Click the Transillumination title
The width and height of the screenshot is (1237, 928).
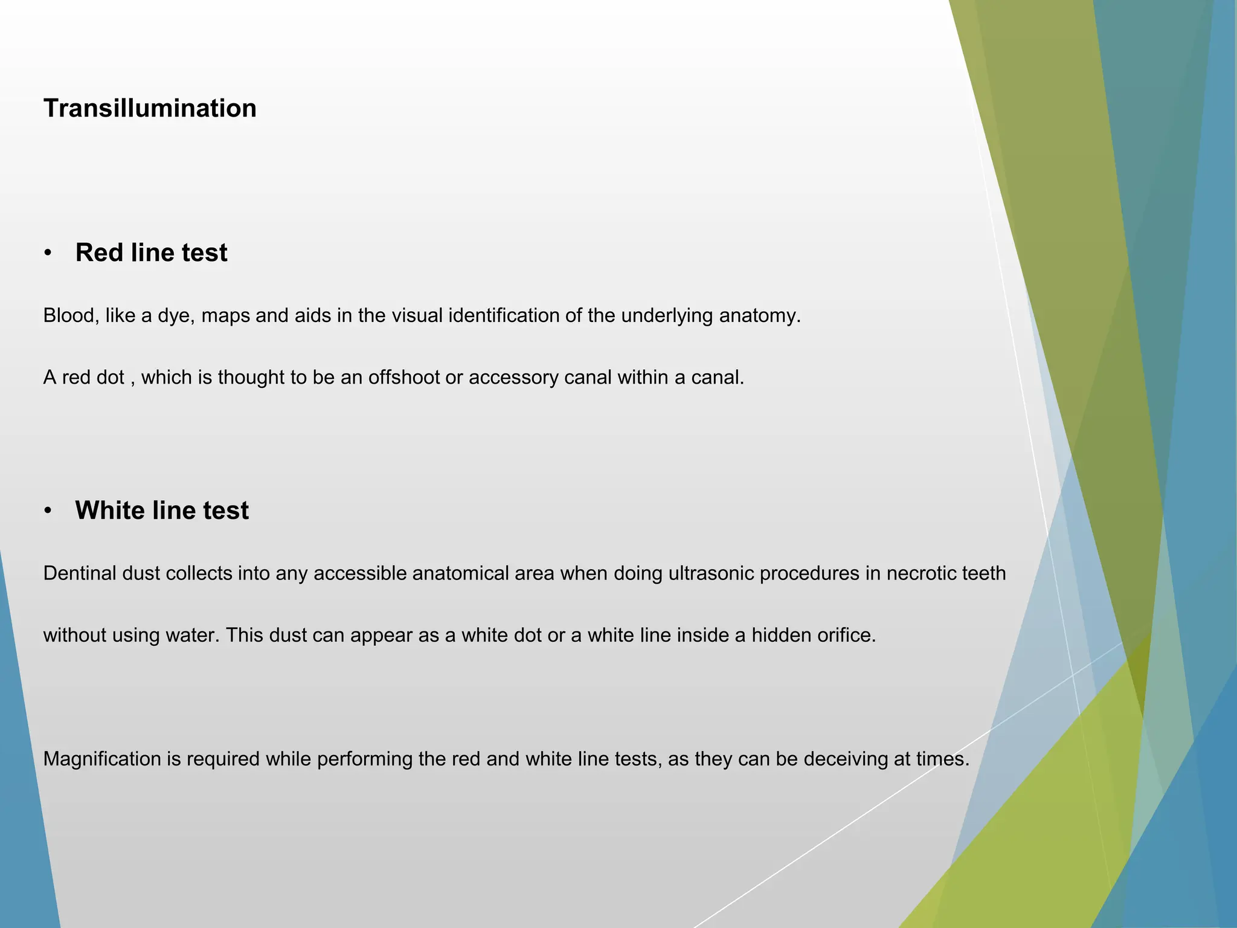coord(150,109)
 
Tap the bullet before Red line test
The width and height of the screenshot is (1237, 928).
coord(48,253)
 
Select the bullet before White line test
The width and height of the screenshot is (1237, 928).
coord(48,511)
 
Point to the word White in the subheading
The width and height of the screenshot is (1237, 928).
coord(110,511)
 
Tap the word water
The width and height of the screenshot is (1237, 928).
coord(194,636)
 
